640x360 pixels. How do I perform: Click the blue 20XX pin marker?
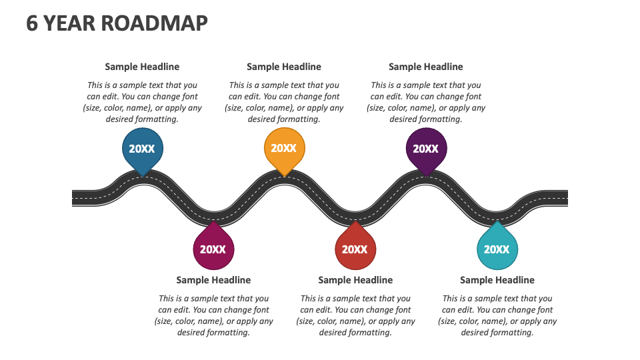click(x=142, y=149)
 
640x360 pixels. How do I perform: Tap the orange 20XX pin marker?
click(x=284, y=149)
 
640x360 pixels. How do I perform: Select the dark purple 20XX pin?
click(x=426, y=149)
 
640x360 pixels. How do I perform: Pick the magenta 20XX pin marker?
click(x=213, y=249)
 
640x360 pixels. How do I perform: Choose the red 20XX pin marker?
click(x=355, y=249)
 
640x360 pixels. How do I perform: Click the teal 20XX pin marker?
click(x=497, y=249)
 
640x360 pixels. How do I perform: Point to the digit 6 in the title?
click(x=32, y=23)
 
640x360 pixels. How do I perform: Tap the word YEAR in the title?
click(x=69, y=23)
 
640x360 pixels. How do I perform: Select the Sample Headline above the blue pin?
click(x=142, y=67)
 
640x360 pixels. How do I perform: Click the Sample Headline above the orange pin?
click(x=284, y=67)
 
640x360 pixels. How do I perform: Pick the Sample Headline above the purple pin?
click(x=426, y=67)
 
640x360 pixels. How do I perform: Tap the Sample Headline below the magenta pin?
click(x=213, y=280)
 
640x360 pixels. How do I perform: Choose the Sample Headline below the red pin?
click(x=355, y=280)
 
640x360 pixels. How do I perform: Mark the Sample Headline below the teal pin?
click(x=497, y=280)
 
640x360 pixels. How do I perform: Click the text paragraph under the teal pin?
click(x=497, y=315)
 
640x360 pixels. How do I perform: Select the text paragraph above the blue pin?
click(x=142, y=102)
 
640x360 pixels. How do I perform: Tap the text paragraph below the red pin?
click(x=355, y=315)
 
